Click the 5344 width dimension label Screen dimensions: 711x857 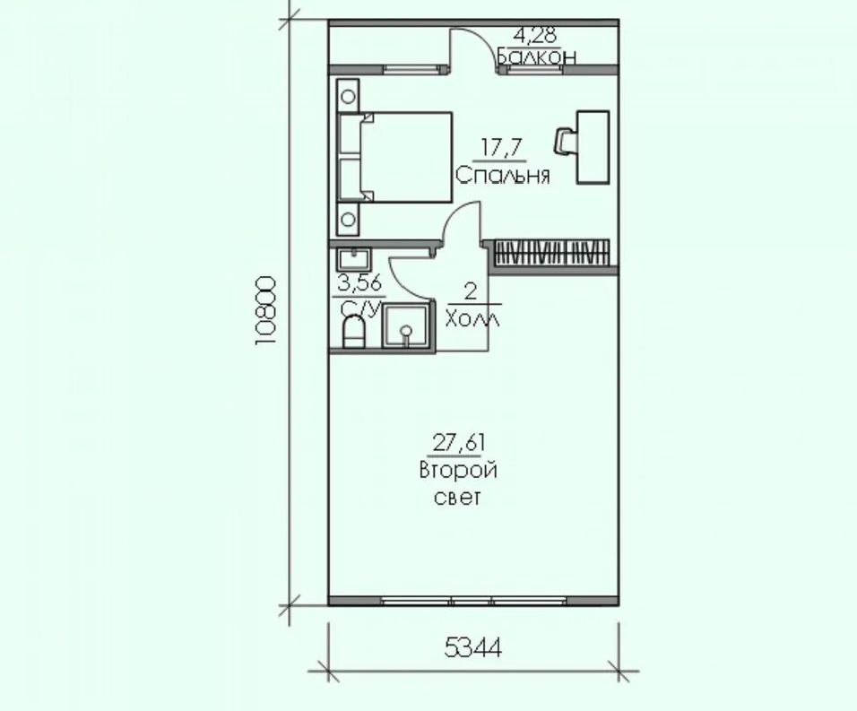click(472, 646)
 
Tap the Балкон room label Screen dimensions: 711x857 click(536, 56)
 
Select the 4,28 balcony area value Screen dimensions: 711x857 click(534, 37)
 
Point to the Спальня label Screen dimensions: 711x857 click(502, 175)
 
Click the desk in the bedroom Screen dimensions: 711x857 click(593, 146)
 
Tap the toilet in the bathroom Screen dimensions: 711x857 click(354, 333)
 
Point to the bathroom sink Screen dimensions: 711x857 click(354, 260)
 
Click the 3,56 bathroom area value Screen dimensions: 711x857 click(357, 285)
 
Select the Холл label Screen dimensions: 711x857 click(472, 317)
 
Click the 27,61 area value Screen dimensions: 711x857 click(457, 442)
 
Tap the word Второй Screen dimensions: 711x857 click(457, 471)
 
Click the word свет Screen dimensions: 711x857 click(457, 497)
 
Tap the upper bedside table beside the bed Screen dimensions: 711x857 click(349, 93)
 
